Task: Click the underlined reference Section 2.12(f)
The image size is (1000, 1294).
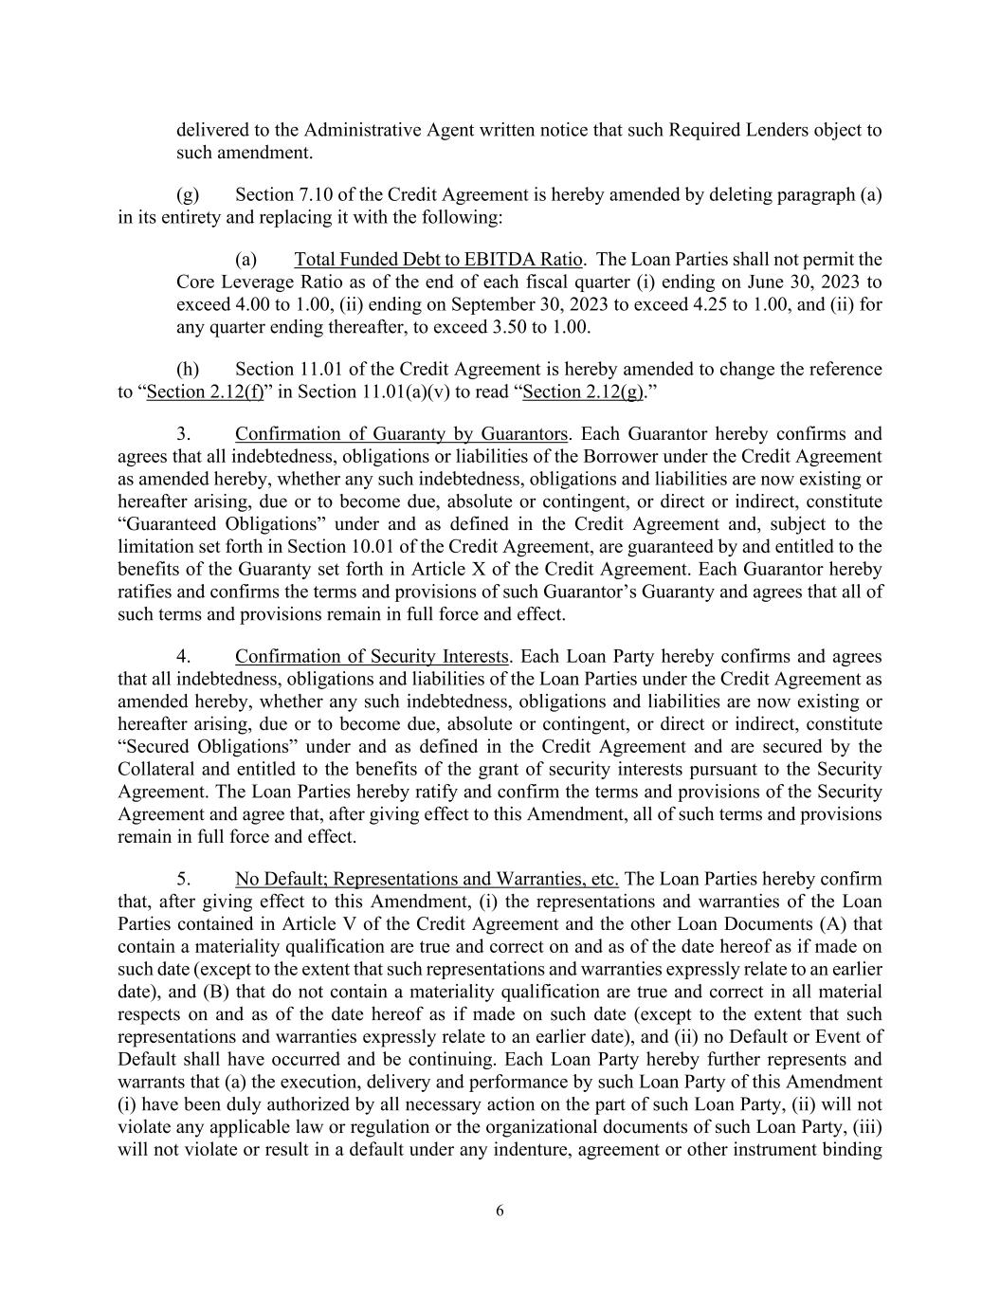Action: point(206,392)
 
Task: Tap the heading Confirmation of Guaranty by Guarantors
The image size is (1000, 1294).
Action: point(401,434)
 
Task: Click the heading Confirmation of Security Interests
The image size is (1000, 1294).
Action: point(373,657)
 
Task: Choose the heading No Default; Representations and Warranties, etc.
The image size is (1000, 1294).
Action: point(427,880)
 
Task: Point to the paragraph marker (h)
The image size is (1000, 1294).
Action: point(188,369)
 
